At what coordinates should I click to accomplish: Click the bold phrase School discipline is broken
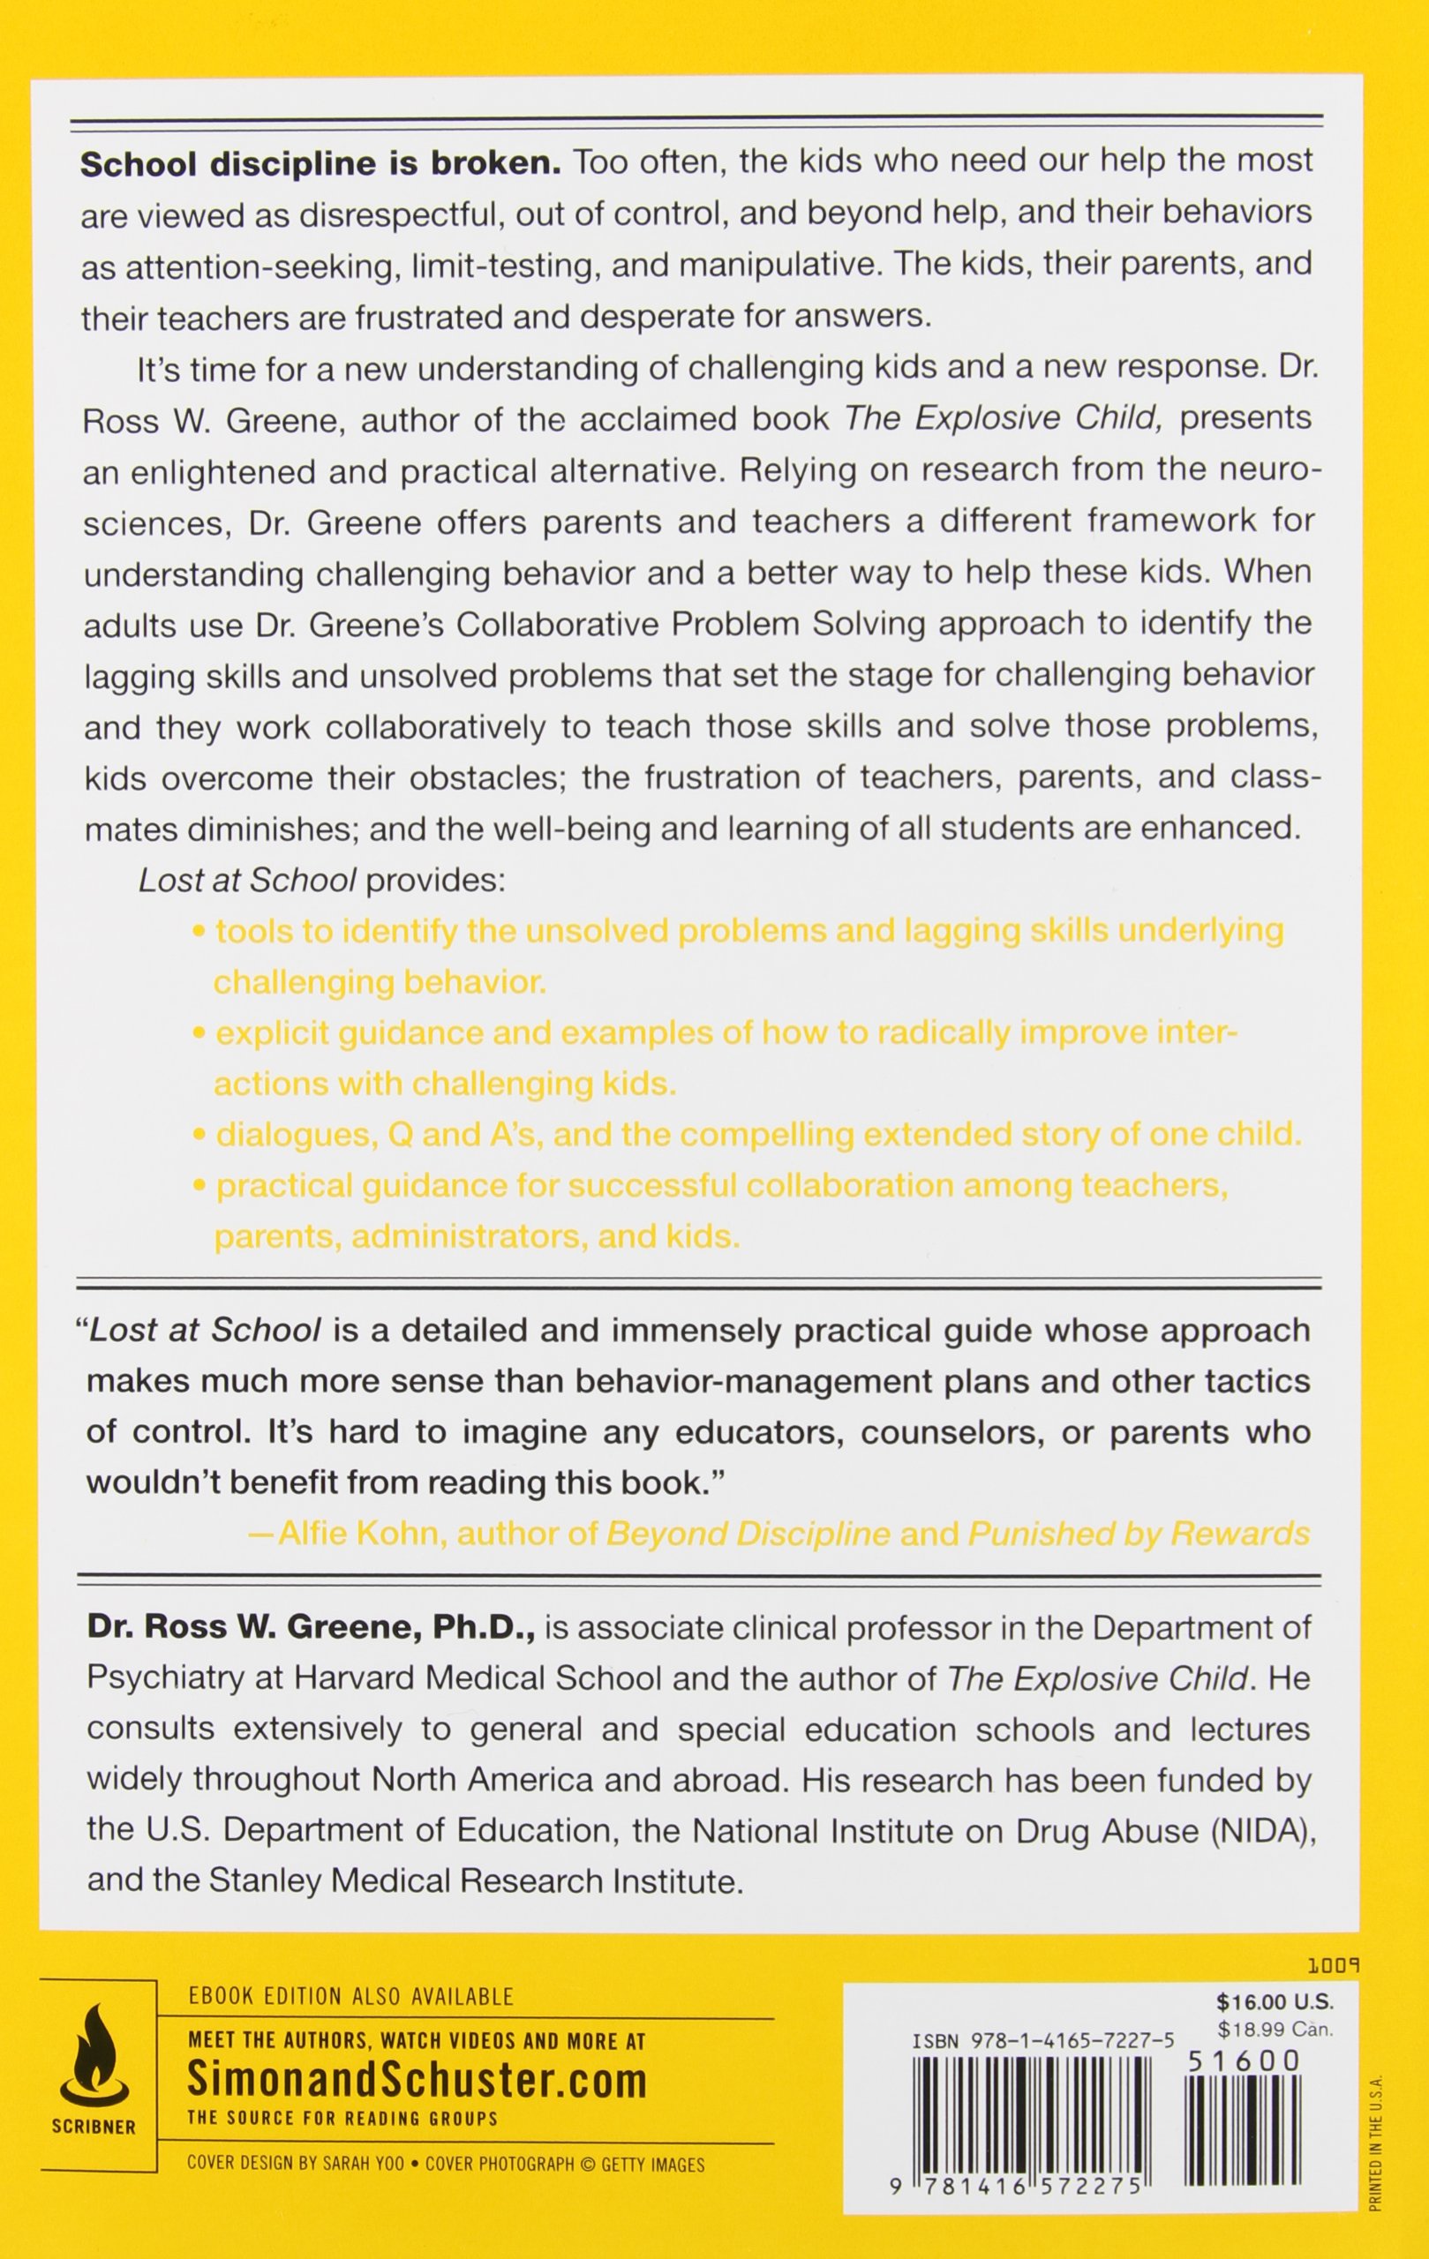click(320, 162)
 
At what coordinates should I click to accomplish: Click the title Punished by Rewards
click(1138, 1533)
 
